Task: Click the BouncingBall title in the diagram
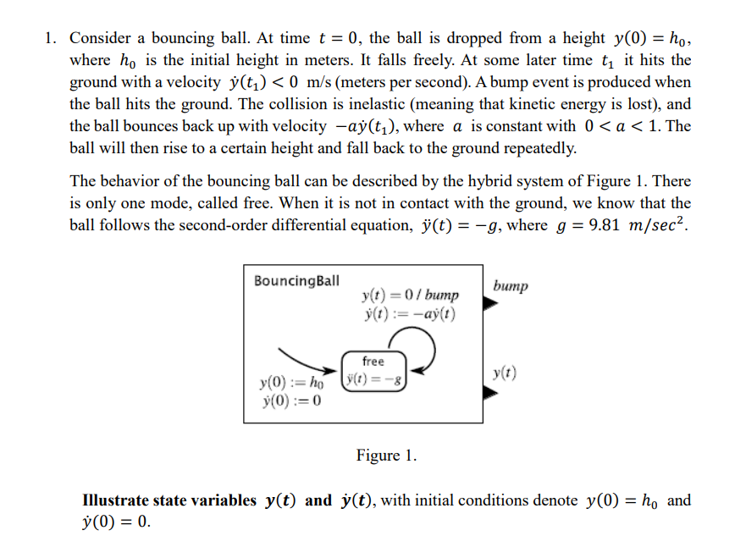(296, 280)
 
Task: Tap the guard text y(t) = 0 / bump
(410, 295)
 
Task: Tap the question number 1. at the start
(52, 38)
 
